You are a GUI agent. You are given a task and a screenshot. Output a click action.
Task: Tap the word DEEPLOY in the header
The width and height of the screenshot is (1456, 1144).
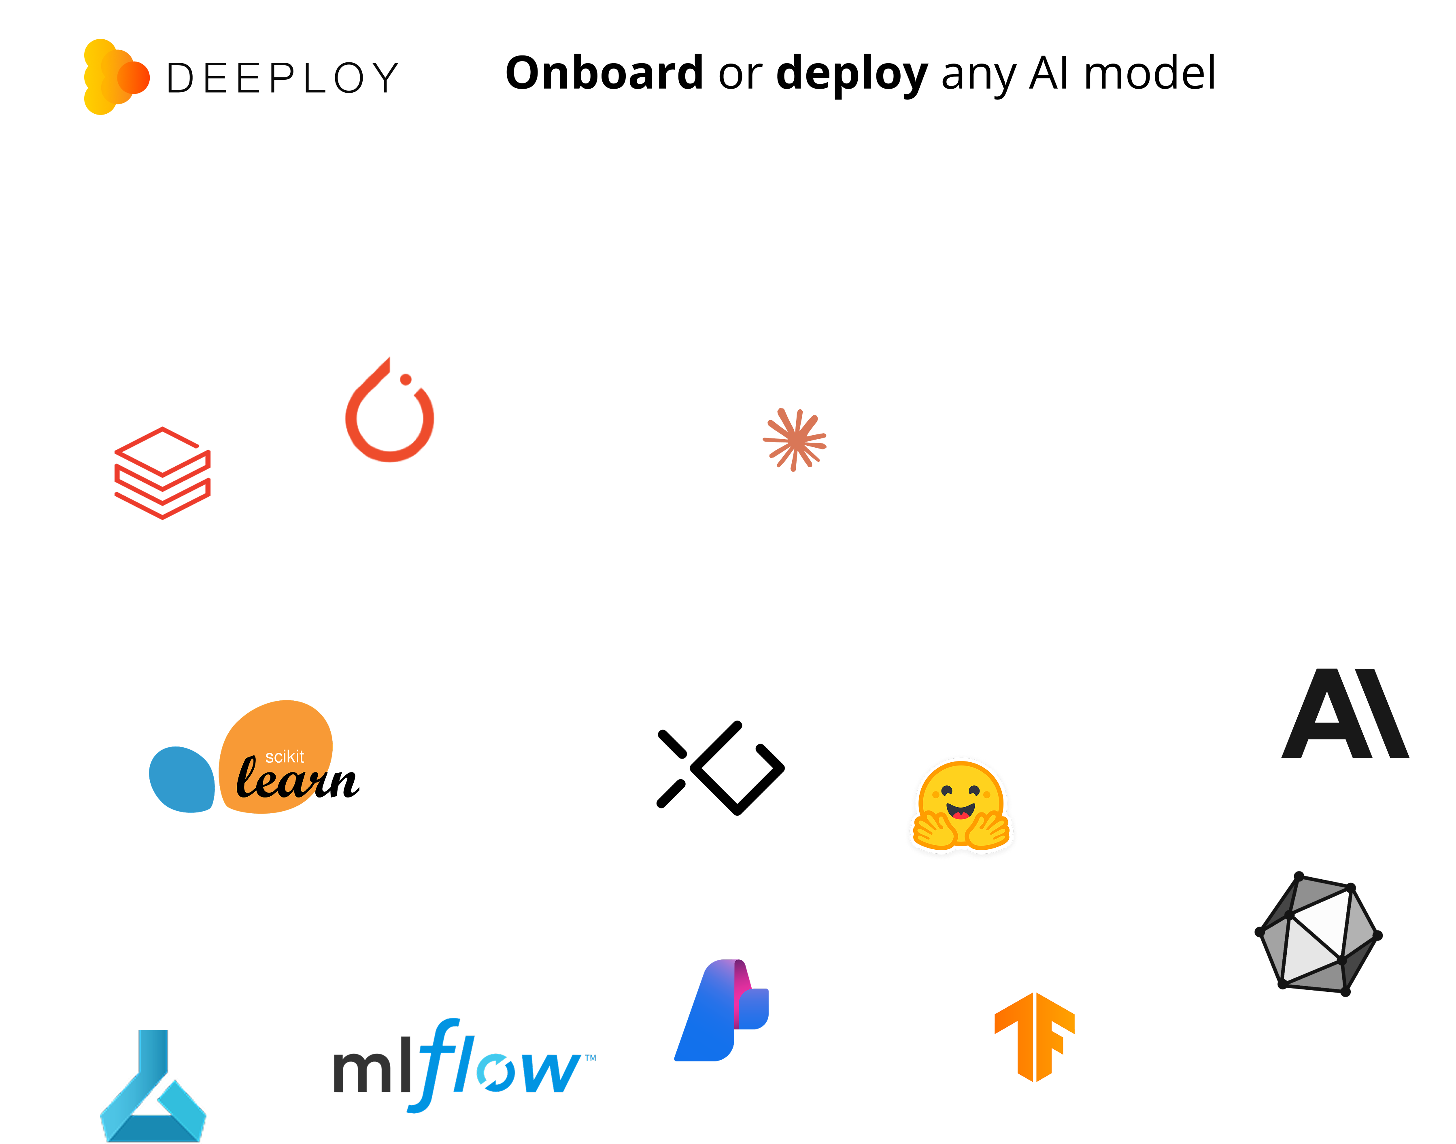coord(282,79)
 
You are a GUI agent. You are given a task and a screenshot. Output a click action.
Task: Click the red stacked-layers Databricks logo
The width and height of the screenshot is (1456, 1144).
coord(163,473)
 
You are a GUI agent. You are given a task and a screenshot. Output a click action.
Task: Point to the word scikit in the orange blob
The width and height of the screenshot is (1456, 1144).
coord(285,757)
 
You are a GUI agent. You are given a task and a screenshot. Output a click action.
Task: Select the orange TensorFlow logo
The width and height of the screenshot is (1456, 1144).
coord(1034,1036)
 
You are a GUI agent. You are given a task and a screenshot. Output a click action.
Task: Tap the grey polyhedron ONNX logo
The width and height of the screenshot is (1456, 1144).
coord(1318,933)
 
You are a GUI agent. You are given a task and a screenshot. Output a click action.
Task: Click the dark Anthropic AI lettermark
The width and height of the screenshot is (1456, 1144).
coord(1345,713)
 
